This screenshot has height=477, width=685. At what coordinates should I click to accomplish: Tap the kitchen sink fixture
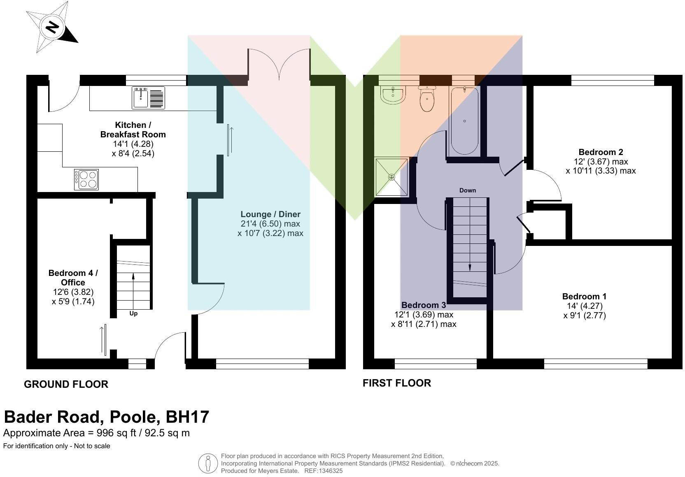(x=148, y=98)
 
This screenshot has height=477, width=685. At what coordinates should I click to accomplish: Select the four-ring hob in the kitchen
(x=86, y=179)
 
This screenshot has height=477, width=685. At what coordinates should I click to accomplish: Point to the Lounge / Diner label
(x=270, y=214)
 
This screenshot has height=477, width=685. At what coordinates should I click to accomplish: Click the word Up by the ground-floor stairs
(x=133, y=313)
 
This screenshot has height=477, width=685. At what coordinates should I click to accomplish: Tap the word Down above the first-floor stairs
(x=467, y=190)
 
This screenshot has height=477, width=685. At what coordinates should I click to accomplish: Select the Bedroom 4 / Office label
(x=73, y=278)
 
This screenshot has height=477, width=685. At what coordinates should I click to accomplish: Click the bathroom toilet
(x=427, y=99)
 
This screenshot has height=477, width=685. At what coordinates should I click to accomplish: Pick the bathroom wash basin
(x=393, y=95)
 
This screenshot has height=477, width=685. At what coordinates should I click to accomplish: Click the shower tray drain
(x=391, y=177)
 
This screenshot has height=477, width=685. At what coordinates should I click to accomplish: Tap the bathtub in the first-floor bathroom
(x=464, y=121)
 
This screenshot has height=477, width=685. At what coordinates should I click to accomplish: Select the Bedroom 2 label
(x=601, y=152)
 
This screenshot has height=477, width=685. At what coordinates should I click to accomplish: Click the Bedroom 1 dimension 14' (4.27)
(x=585, y=306)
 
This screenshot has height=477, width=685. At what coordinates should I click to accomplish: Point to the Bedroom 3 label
(x=424, y=305)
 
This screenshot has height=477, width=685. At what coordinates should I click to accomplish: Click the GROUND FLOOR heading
(x=66, y=384)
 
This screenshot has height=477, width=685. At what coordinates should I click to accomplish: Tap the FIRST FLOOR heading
(x=396, y=383)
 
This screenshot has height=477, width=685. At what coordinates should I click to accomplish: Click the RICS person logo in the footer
(x=208, y=463)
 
